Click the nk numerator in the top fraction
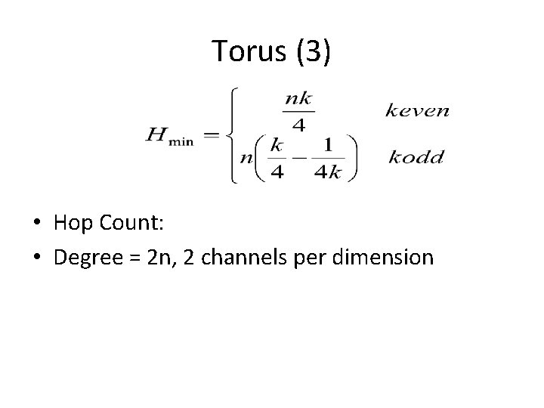click(x=299, y=97)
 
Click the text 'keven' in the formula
click(x=417, y=111)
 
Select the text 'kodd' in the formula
click(x=416, y=158)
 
